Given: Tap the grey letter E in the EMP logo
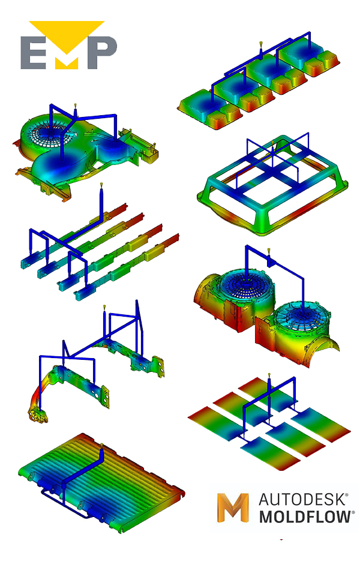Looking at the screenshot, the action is point(33,52).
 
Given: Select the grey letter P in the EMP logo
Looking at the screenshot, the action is point(102,52).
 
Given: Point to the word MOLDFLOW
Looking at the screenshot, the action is point(305,517).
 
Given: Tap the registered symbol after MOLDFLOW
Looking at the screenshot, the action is point(353,512).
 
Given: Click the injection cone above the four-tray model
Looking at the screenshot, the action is point(261,45).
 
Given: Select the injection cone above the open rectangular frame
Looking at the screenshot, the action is point(272,143).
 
